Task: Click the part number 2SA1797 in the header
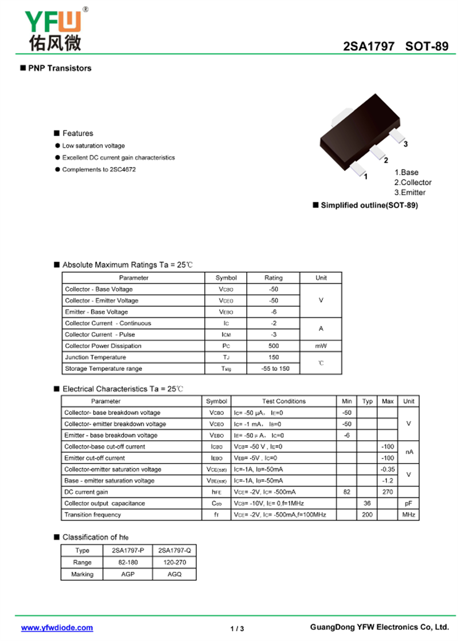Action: (x=368, y=46)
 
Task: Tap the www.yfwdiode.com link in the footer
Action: (x=57, y=628)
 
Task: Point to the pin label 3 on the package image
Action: (x=405, y=144)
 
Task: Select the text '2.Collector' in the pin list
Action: (x=413, y=183)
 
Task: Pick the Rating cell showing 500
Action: (x=273, y=346)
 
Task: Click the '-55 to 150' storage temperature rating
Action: (x=273, y=369)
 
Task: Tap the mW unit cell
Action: (x=321, y=346)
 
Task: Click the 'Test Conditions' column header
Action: (x=284, y=401)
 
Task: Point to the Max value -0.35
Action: (x=388, y=469)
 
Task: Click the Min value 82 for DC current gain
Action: (x=346, y=492)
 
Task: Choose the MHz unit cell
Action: (x=408, y=515)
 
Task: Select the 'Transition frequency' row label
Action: (x=93, y=515)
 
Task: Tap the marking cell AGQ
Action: (x=175, y=574)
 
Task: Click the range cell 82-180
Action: (x=128, y=563)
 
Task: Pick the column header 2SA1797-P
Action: (x=128, y=551)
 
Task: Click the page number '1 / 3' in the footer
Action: (x=237, y=628)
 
